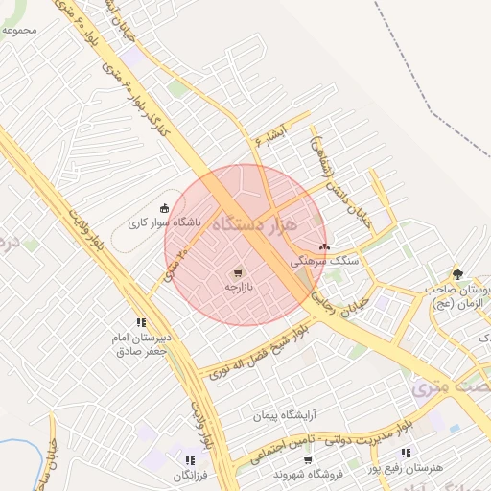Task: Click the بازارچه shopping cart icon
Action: point(239,272)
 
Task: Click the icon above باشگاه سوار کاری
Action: point(165,208)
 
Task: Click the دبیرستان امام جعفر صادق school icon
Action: point(141,322)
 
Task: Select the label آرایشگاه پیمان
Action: point(285,416)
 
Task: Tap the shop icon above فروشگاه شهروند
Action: point(308,461)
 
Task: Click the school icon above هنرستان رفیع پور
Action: point(407,453)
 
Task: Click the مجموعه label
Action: point(19,30)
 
